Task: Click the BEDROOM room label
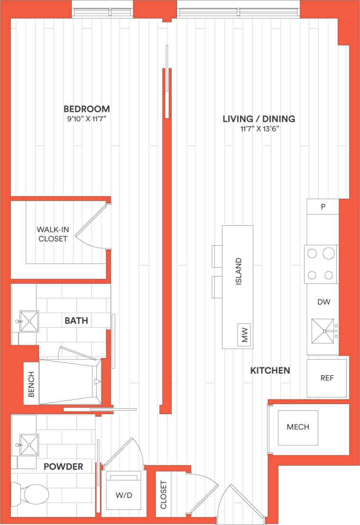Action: pyautogui.click(x=87, y=109)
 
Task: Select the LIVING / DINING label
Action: pyautogui.click(x=259, y=119)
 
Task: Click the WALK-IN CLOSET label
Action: pyautogui.click(x=53, y=234)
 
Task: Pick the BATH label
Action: pyautogui.click(x=76, y=321)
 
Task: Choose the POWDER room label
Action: pyautogui.click(x=63, y=467)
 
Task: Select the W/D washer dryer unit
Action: pyautogui.click(x=123, y=494)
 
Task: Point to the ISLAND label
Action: pyautogui.click(x=239, y=271)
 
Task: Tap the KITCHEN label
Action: pyautogui.click(x=270, y=370)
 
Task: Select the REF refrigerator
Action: pyautogui.click(x=326, y=378)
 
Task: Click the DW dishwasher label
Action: pyautogui.click(x=324, y=302)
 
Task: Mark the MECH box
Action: pyautogui.click(x=298, y=427)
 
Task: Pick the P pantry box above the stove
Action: pyautogui.click(x=323, y=207)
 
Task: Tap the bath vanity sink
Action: pyautogui.click(x=29, y=321)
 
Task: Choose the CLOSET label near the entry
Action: pyautogui.click(x=164, y=495)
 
